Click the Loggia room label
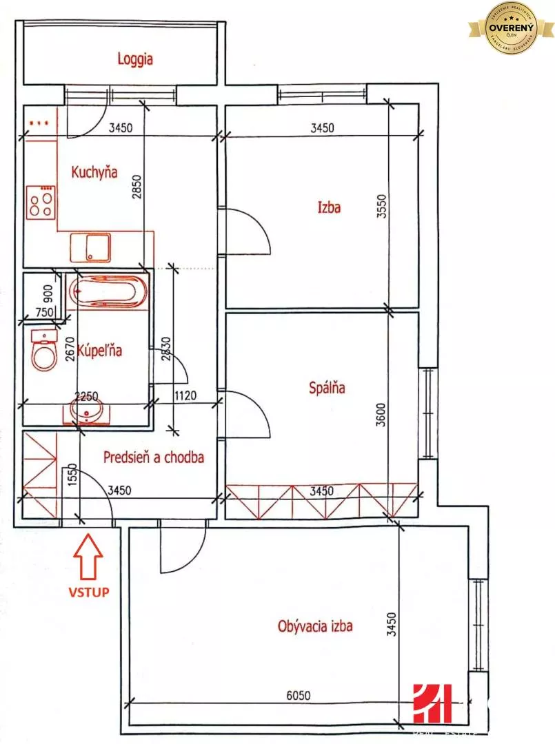coord(134,59)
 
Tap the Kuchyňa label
coord(95,172)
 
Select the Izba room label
coord(329,206)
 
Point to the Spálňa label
coord(327,388)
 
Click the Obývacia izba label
coord(315,626)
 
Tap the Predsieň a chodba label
coord(154,457)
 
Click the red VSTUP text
coord(88,591)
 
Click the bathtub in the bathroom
coord(109,292)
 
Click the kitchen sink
coord(90,247)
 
